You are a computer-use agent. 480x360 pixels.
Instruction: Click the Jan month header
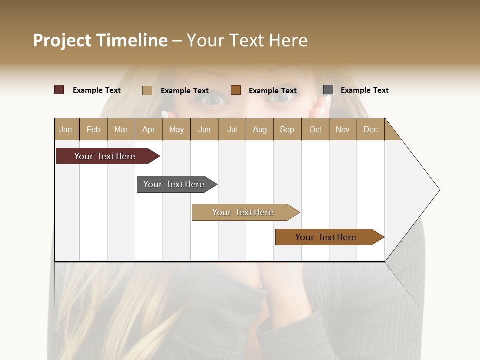click(x=66, y=129)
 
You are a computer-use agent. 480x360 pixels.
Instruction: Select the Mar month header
click(x=121, y=129)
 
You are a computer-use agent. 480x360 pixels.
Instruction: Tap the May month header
click(x=176, y=129)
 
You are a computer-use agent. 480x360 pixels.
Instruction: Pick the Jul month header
click(x=232, y=129)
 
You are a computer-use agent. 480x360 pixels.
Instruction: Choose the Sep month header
click(x=287, y=129)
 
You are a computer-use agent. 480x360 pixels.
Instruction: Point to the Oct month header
click(x=315, y=129)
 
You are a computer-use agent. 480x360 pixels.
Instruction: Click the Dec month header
click(x=370, y=129)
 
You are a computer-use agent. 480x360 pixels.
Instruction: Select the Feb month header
click(x=93, y=129)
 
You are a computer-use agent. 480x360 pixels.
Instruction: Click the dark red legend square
click(x=59, y=90)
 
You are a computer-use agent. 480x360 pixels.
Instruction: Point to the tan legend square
click(x=147, y=90)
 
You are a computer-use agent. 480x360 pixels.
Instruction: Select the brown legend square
click(x=236, y=90)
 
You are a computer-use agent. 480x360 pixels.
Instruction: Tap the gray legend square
click(x=328, y=89)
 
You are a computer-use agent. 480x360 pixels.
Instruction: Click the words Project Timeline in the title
click(x=100, y=40)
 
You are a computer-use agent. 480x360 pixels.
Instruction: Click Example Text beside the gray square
click(x=364, y=90)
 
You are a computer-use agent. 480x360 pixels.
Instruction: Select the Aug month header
click(x=259, y=129)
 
